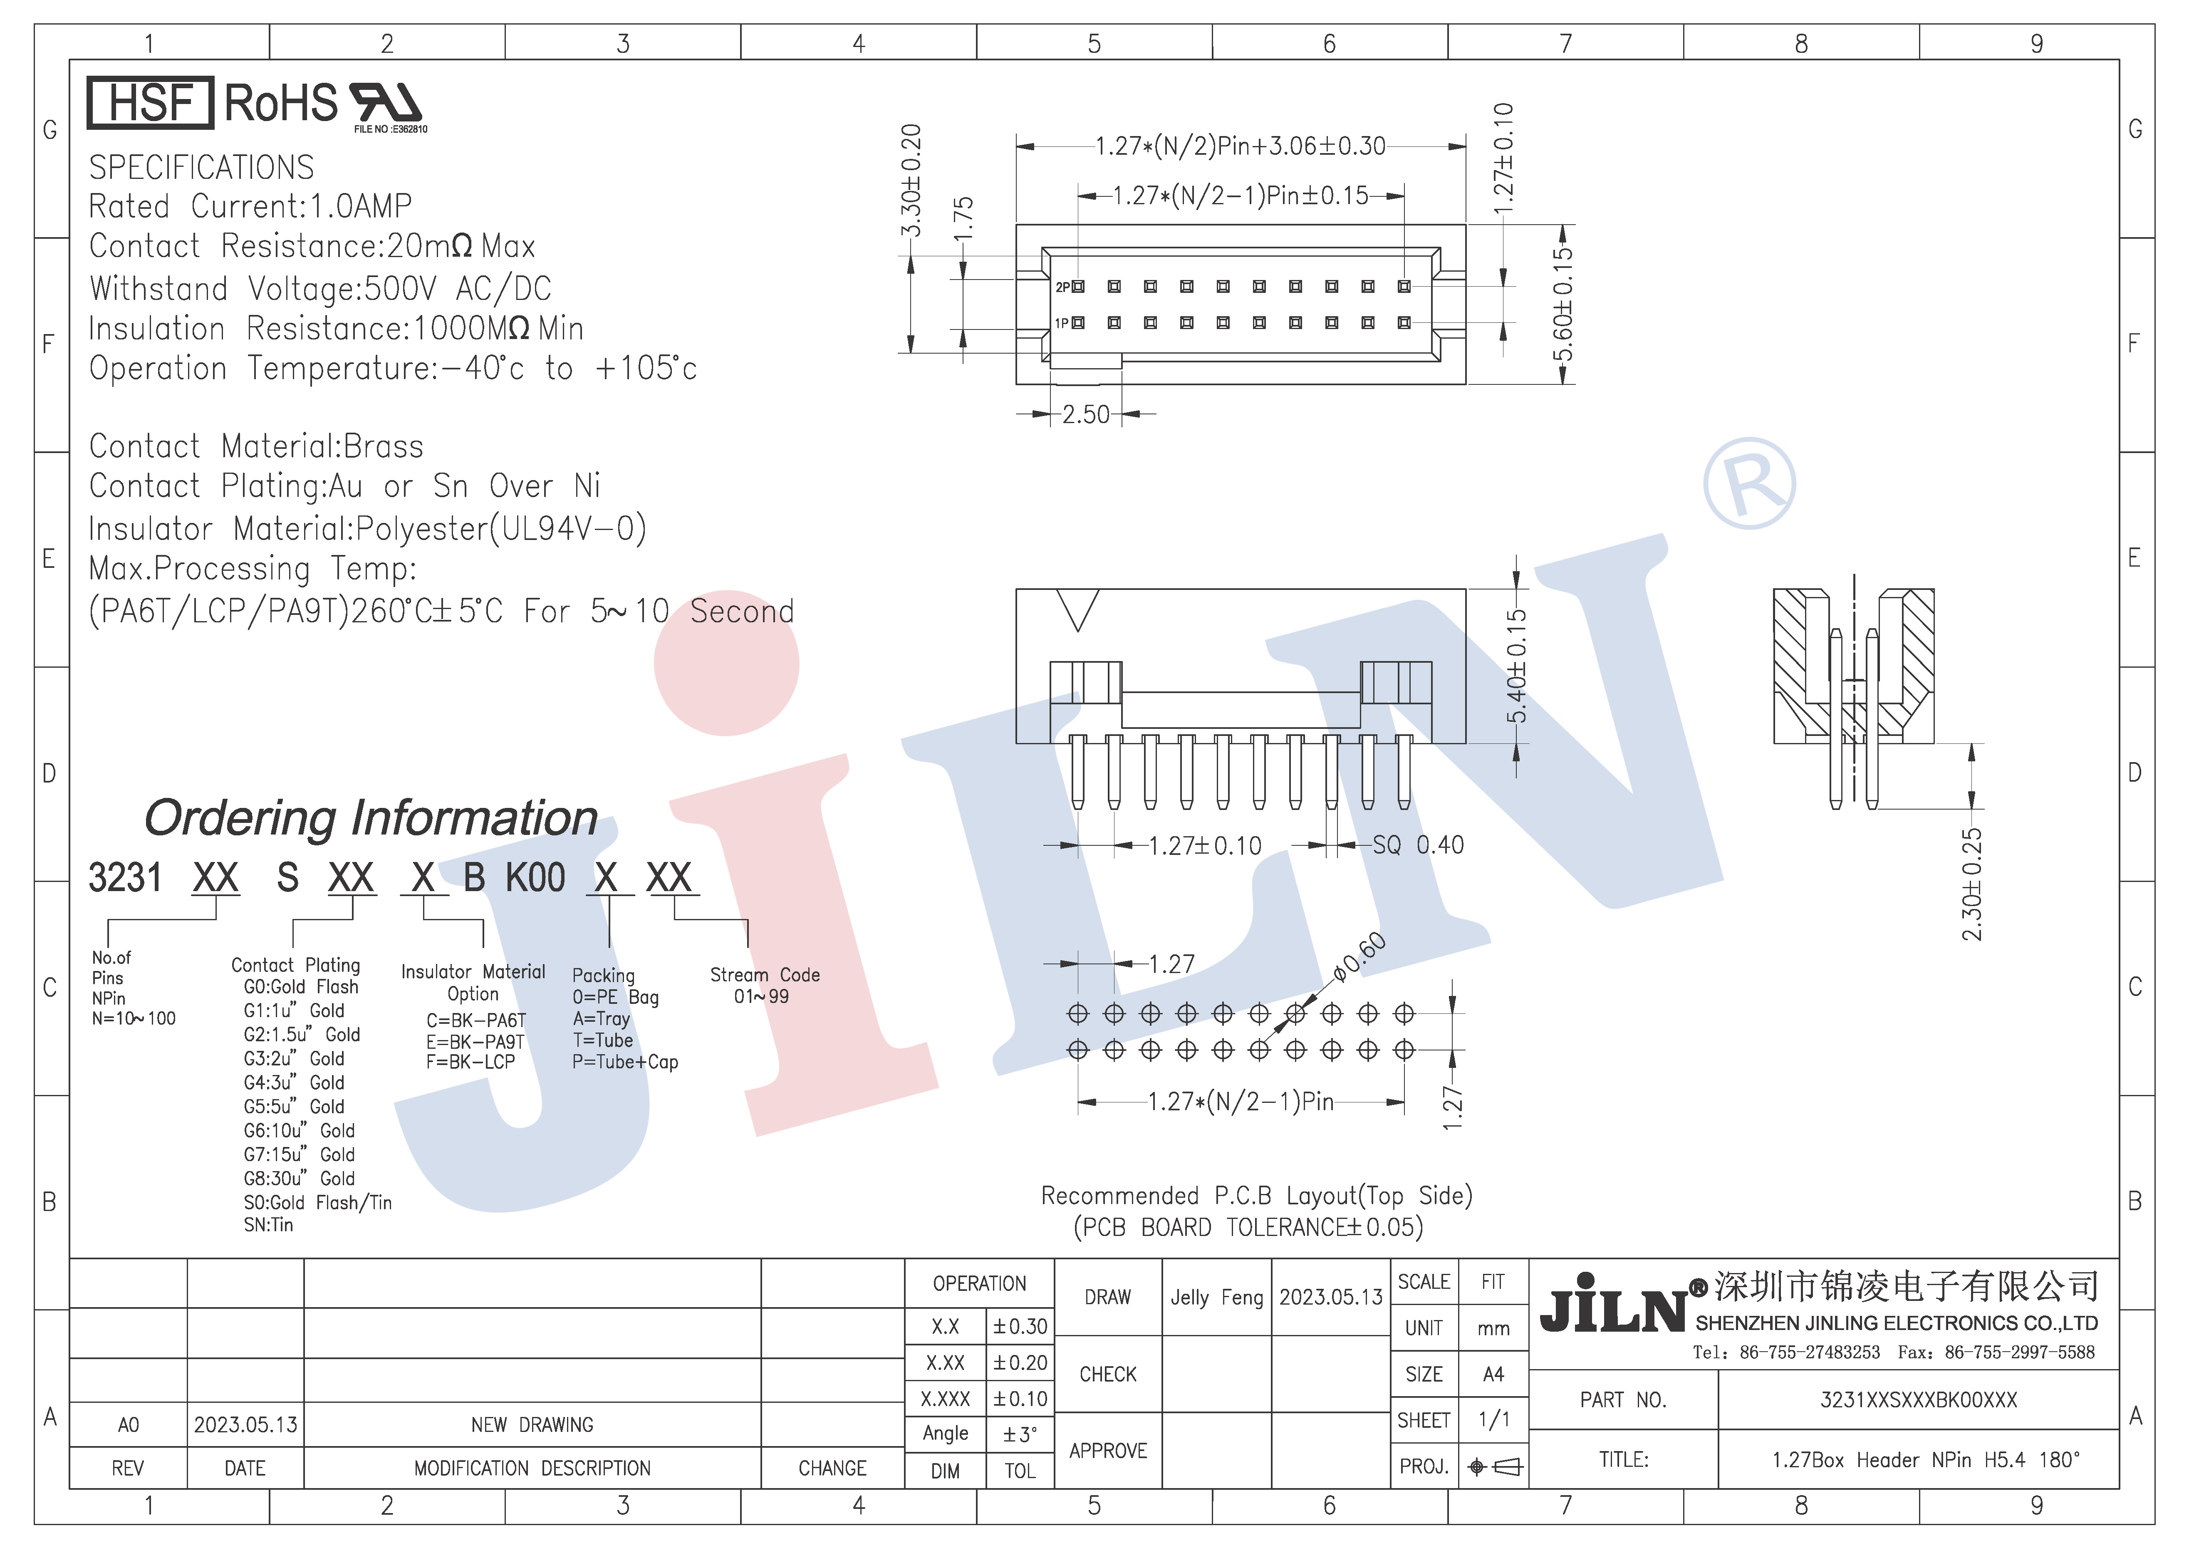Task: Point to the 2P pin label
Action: pyautogui.click(x=1062, y=287)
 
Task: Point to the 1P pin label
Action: pyautogui.click(x=1061, y=323)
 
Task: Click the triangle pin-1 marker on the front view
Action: pyautogui.click(x=1078, y=608)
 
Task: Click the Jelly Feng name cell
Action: pyautogui.click(x=1216, y=1297)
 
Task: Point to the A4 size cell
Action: pyautogui.click(x=1493, y=1375)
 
